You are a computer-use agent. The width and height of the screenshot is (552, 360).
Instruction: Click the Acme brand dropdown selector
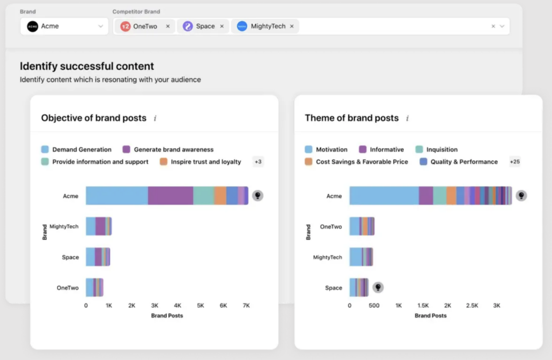(64, 26)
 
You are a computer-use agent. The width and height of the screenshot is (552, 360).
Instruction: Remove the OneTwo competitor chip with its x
(168, 26)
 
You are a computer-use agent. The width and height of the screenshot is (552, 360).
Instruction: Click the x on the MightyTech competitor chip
(292, 26)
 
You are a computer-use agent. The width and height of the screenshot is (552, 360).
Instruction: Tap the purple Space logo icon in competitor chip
(187, 26)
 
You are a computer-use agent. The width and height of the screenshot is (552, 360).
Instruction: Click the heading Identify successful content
(87, 66)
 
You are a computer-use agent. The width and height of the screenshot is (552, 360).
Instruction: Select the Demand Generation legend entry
(81, 149)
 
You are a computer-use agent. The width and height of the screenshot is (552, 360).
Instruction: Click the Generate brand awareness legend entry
(173, 149)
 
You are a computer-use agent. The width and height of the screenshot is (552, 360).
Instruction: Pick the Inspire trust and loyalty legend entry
(205, 162)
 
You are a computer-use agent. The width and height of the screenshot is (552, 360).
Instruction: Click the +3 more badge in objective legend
(258, 162)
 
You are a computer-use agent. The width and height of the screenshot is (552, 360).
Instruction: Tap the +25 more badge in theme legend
(515, 162)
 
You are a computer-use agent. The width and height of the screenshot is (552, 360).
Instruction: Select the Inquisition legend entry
(441, 149)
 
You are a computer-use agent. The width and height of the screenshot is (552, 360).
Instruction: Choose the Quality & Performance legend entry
(464, 162)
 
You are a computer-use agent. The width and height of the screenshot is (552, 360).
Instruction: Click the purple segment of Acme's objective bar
(170, 196)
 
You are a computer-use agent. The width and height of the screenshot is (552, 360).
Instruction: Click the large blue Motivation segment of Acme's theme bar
(384, 196)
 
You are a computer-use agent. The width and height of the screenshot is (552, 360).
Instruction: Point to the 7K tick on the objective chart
(246, 306)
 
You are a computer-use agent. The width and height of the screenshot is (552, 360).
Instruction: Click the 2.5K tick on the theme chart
(472, 306)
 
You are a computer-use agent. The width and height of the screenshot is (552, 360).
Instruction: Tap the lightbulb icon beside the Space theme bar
(378, 287)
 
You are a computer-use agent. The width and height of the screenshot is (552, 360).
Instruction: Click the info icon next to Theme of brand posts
(408, 118)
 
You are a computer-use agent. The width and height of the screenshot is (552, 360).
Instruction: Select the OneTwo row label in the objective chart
(68, 288)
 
